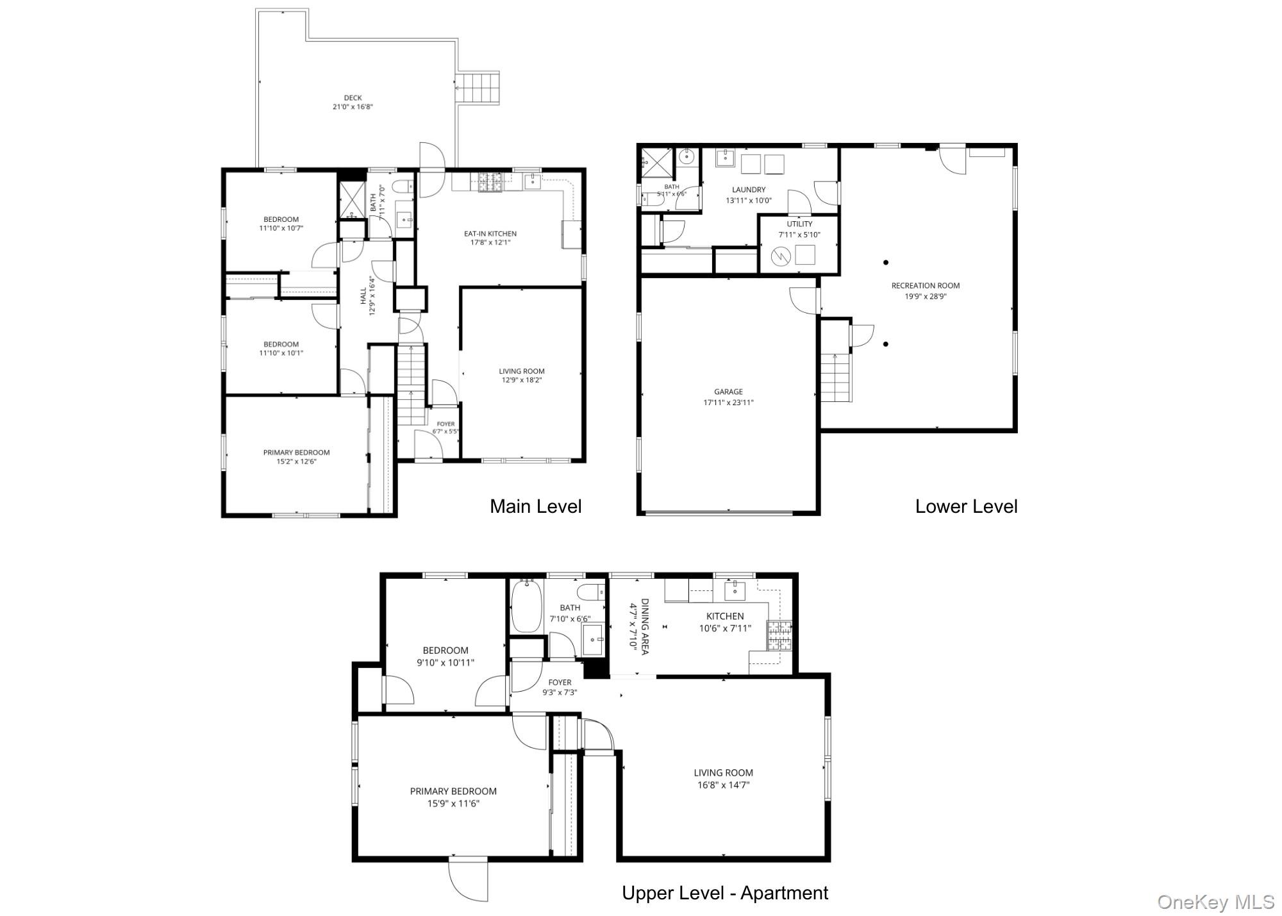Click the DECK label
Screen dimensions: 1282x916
[x=353, y=98]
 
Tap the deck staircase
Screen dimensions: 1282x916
[x=477, y=89]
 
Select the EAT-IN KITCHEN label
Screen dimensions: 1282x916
[x=490, y=234]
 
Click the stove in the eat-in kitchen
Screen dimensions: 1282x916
[x=491, y=182]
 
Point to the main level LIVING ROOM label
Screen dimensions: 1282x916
[x=522, y=371]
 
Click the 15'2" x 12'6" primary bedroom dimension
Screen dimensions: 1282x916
[x=296, y=462]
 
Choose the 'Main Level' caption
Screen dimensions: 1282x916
[x=536, y=506]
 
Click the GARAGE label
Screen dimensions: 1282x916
[x=729, y=392]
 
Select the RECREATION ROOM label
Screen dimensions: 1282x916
[x=926, y=286]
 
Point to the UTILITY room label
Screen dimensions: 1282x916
[x=799, y=224]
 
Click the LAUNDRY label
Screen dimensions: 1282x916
[x=749, y=190]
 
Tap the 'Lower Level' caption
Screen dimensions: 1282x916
[x=966, y=506]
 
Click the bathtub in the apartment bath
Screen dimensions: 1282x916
[x=528, y=605]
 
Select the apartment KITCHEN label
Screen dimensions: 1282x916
[x=725, y=616]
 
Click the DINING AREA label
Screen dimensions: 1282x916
[x=645, y=627]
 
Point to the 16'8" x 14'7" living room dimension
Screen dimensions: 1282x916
[x=723, y=785]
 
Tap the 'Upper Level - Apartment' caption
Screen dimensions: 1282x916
[x=725, y=893]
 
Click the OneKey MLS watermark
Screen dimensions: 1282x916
[x=1216, y=902]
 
